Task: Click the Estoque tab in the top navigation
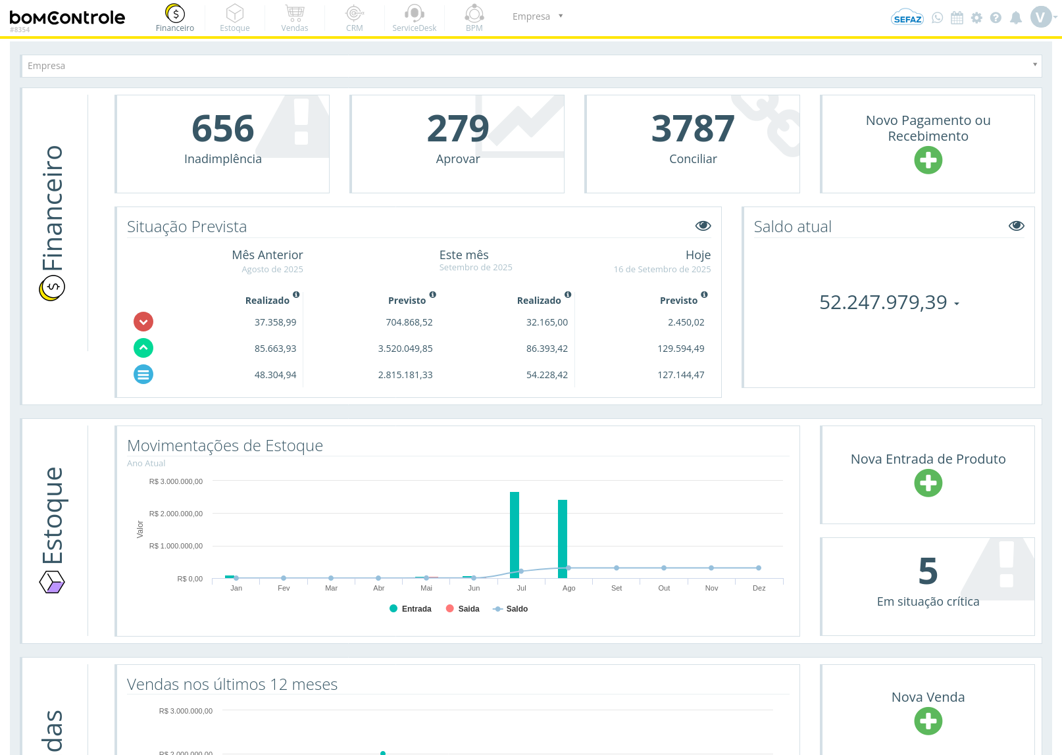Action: coord(235,18)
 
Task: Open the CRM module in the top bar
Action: coord(354,18)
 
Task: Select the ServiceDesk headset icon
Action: coord(414,13)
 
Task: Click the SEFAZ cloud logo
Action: coord(907,18)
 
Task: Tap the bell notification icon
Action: coord(1015,18)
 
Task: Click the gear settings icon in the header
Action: coord(976,18)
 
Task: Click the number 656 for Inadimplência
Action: coord(223,128)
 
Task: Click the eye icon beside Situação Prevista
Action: coord(703,226)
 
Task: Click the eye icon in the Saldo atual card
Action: coord(1016,226)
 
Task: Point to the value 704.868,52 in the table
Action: coord(409,322)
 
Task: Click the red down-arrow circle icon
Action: coord(143,322)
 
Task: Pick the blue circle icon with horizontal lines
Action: coord(143,374)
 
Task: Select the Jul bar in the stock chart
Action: coord(515,535)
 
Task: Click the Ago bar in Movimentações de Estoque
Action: coord(563,539)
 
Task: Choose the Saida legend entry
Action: coord(463,608)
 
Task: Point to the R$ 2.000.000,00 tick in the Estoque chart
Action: coord(176,514)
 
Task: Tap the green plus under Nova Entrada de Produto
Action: coord(928,483)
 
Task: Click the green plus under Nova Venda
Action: coord(928,721)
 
